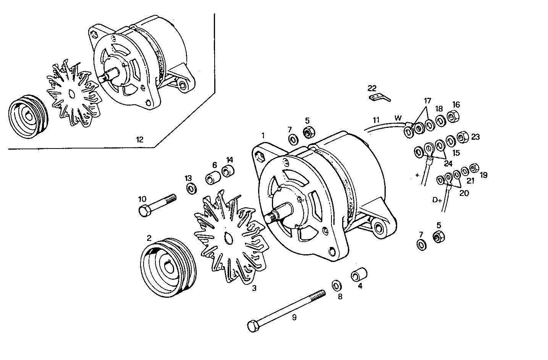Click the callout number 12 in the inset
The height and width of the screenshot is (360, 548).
(x=140, y=140)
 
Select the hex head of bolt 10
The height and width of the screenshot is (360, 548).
(x=144, y=211)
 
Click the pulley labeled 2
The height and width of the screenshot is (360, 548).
(x=168, y=268)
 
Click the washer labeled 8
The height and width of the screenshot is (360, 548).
(x=337, y=285)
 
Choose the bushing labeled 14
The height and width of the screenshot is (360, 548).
(x=228, y=171)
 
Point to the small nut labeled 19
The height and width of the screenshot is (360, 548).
(x=473, y=168)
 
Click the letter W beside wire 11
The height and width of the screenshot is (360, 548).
(x=398, y=118)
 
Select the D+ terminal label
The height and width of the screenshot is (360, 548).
(x=436, y=199)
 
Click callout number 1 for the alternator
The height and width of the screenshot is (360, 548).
(x=263, y=135)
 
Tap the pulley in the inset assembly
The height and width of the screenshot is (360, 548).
(x=27, y=118)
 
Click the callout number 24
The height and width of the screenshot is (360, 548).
(x=448, y=163)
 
